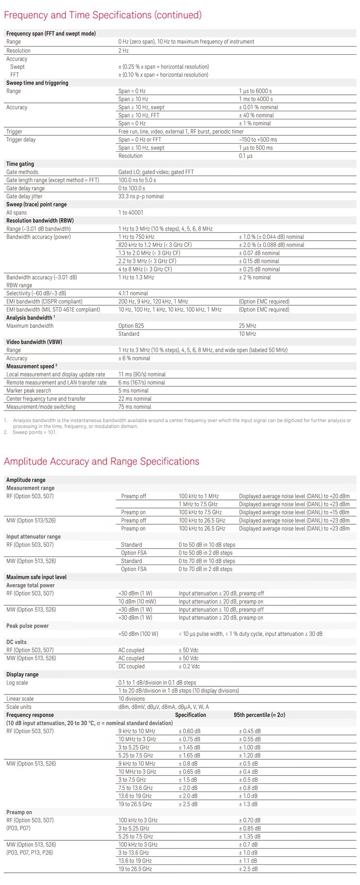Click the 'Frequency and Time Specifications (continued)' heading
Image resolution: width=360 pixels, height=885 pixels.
coord(103,15)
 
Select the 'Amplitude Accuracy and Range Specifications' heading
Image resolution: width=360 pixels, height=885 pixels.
coord(101,461)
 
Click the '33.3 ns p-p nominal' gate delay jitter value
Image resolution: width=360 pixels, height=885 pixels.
coord(141,196)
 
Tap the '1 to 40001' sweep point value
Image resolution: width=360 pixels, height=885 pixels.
coord(130,212)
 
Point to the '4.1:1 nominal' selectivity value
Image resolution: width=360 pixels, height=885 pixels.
coord(133,293)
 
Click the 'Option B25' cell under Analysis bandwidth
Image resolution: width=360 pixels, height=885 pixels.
coord(131,326)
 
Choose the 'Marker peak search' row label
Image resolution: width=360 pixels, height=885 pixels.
coord(29,391)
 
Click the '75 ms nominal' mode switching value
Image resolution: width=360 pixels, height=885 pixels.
coord(134,407)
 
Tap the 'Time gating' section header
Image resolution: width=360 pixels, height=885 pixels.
coord(20,164)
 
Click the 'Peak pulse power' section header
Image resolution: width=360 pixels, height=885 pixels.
coord(27,626)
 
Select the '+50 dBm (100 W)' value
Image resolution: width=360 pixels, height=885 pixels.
coord(138,634)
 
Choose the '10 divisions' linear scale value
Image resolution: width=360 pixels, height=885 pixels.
coord(132,699)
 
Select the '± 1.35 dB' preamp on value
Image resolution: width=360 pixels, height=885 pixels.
coord(250,836)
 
